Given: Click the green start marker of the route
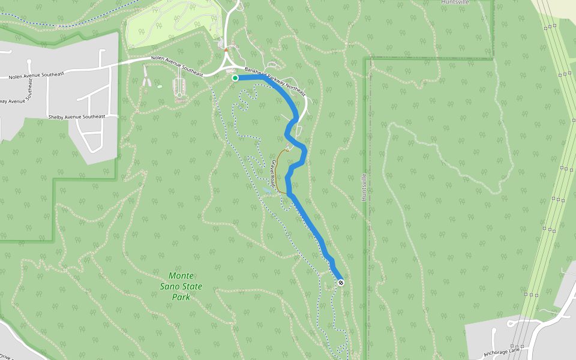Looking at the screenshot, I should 235,78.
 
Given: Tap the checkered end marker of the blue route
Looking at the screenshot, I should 341,283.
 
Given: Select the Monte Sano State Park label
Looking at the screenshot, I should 181,286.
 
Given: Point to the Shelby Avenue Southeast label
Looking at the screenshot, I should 76,116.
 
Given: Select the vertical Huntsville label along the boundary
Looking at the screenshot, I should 364,187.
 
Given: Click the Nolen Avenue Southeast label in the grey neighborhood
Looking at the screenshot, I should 36,74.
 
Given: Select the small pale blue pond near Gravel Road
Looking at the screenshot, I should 266,190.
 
